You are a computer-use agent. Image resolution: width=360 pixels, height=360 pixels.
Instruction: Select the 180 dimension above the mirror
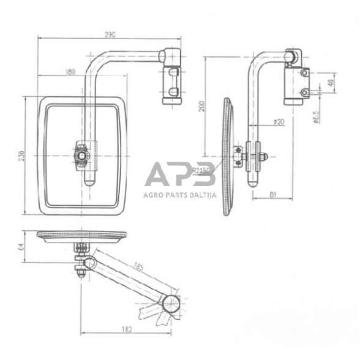pyautogui.click(x=69, y=72)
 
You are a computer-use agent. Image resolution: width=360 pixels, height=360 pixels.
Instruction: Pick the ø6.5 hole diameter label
pyautogui.click(x=313, y=117)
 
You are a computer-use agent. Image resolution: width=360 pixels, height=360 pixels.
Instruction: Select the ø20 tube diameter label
pyautogui.click(x=279, y=122)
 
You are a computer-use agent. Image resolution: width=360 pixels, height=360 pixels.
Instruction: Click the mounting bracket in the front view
pyautogui.click(x=171, y=84)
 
